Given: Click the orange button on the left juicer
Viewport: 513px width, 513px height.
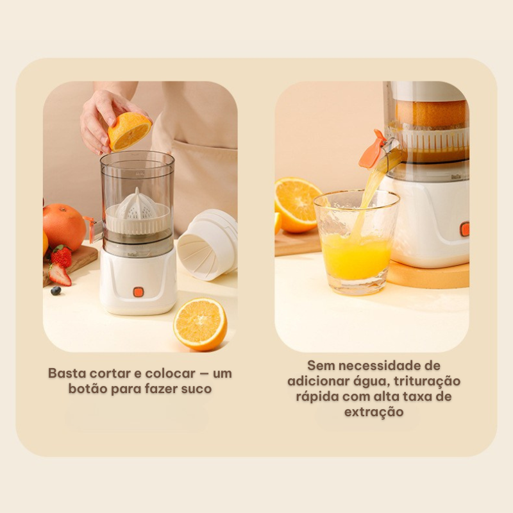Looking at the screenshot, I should pos(138,292).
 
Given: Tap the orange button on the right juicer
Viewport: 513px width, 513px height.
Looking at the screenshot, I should pos(464,229).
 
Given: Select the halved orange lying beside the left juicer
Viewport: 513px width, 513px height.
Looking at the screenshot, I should pos(200,324).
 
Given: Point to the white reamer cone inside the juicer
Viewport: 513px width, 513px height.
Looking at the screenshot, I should pos(139,205).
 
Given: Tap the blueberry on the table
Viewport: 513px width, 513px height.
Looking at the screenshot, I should pos(56,290).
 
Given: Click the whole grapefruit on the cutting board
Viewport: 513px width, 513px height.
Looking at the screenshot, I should pos(63,227).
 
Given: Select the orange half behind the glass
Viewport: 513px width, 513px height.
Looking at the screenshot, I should pos(296,205).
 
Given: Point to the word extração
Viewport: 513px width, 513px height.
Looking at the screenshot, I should pos(374,412).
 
